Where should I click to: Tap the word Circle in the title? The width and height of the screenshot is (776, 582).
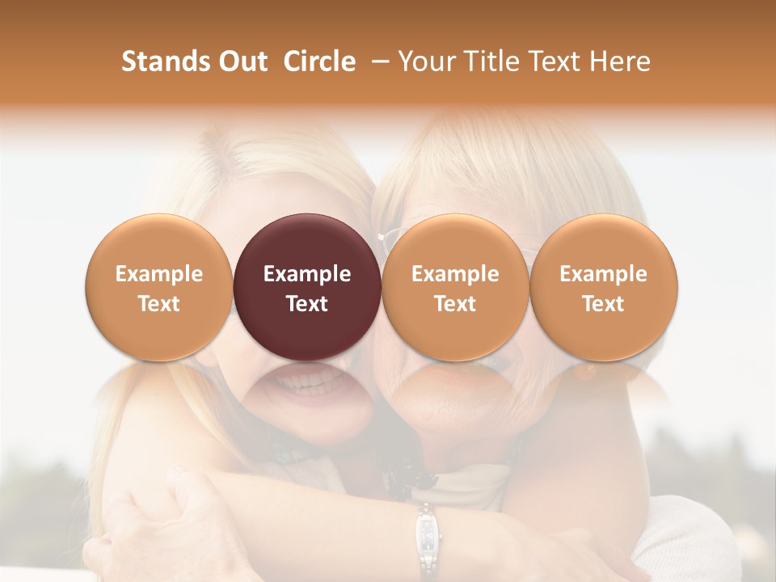coord(319,61)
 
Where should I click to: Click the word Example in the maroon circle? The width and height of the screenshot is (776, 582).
coord(306,274)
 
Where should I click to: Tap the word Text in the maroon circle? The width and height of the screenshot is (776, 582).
coord(306,304)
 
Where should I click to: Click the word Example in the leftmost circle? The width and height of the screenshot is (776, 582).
coord(158,274)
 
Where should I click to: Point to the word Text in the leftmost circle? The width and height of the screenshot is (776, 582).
coord(158,304)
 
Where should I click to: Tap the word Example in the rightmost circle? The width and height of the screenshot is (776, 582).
coord(603,274)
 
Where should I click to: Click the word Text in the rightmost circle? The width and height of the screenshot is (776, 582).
coord(603,304)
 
